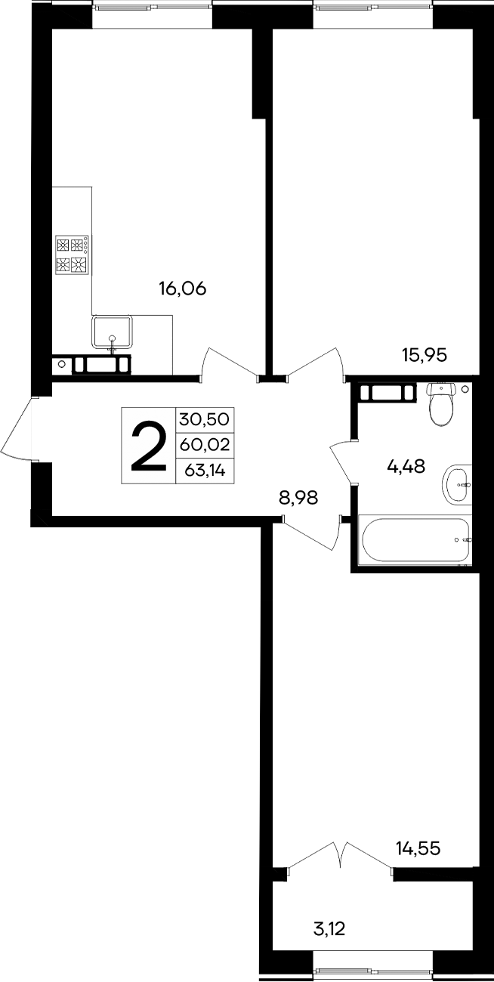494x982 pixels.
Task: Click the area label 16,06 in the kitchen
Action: click(182, 288)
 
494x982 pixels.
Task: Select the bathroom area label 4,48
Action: click(406, 466)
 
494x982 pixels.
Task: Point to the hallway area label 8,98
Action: click(298, 497)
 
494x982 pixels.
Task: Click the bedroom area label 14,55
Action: click(418, 849)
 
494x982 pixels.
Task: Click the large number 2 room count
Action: click(148, 446)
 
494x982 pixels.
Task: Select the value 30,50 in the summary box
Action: click(205, 418)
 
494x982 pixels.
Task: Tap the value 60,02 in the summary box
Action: click(205, 445)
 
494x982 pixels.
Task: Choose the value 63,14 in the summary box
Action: click(205, 471)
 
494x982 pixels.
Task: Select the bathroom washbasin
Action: click(456, 483)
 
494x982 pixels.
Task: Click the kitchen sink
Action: click(112, 332)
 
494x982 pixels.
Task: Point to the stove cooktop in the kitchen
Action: click(73, 255)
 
